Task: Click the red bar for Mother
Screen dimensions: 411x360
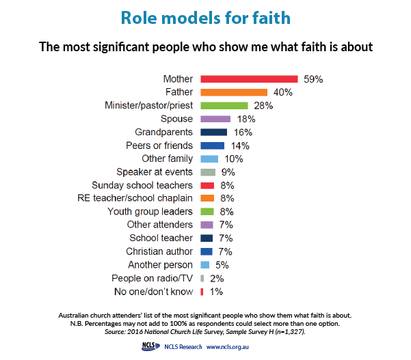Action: click(x=249, y=79)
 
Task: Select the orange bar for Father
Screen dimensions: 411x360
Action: click(x=234, y=92)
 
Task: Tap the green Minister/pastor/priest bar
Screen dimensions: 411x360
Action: click(x=224, y=105)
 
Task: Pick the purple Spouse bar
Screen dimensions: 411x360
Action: click(x=215, y=119)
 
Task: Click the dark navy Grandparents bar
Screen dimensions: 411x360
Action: click(x=213, y=133)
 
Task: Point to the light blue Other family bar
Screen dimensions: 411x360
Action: click(x=209, y=159)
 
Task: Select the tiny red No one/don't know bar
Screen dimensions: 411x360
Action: click(x=202, y=292)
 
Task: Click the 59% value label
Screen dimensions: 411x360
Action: click(x=313, y=79)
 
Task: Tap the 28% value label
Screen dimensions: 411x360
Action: click(x=263, y=106)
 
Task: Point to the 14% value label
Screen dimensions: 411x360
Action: click(x=240, y=146)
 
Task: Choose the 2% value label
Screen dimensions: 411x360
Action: click(x=217, y=279)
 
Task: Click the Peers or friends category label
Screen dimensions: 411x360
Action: click(x=159, y=146)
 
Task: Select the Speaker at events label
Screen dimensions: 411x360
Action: click(x=155, y=172)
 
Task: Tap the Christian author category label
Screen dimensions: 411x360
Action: click(x=159, y=251)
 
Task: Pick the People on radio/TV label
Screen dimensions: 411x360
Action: click(x=152, y=278)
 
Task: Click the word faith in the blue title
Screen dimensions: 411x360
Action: click(x=271, y=18)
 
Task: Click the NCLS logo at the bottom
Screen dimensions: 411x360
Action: click(x=150, y=346)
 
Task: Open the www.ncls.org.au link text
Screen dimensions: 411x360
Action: click(x=227, y=347)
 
